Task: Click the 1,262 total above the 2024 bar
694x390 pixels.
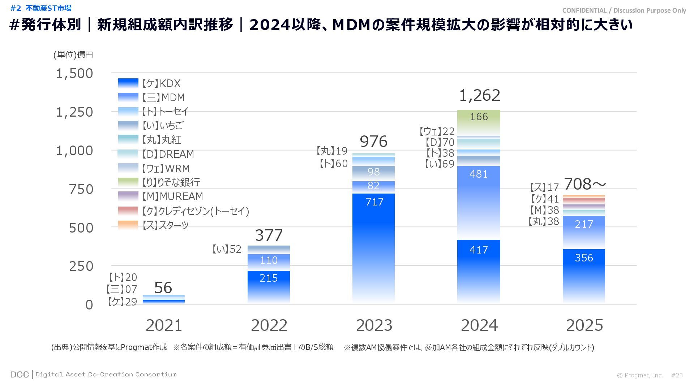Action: click(x=479, y=95)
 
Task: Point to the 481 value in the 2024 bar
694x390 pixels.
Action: click(x=479, y=174)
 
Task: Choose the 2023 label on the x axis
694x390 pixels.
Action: click(x=374, y=325)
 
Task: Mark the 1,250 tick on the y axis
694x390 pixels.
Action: click(x=74, y=112)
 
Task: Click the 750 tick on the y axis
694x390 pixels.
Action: click(x=81, y=189)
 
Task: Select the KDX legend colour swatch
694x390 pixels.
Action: click(x=128, y=83)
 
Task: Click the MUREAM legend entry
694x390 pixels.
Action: click(x=172, y=196)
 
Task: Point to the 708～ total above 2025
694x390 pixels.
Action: click(x=584, y=184)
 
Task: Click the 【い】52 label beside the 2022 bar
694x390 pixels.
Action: click(x=226, y=249)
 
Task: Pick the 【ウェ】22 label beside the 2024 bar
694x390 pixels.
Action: click(x=436, y=131)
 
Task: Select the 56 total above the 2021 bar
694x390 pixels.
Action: click(x=163, y=288)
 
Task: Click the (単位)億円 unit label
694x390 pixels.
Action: click(x=73, y=55)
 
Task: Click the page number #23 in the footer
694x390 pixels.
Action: click(x=677, y=375)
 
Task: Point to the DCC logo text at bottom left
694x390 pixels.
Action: click(x=20, y=374)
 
